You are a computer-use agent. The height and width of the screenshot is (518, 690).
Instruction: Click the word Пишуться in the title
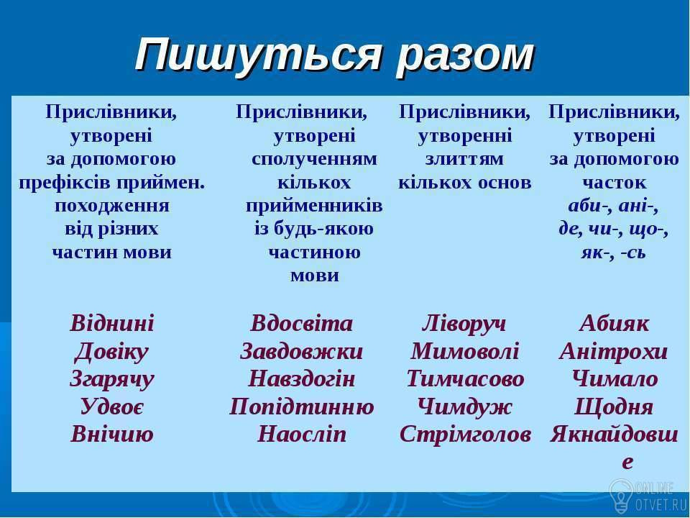pos(258,55)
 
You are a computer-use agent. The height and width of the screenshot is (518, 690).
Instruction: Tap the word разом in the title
pos(465,58)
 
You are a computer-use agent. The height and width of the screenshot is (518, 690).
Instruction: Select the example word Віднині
pos(112,323)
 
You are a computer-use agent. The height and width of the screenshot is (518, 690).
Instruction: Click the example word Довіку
pos(112,352)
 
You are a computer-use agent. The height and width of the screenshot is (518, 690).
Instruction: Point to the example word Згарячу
pos(112,380)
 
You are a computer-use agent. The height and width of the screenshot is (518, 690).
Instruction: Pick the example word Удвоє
pos(112,406)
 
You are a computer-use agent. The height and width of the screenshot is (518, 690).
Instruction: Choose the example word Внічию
pos(112,434)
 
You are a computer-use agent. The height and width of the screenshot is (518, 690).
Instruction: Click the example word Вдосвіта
pos(301,323)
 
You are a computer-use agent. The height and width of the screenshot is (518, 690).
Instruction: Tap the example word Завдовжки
pos(301,352)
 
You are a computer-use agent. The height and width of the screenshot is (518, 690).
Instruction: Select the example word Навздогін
pos(301,379)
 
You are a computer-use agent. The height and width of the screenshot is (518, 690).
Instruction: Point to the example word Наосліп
pos(302,434)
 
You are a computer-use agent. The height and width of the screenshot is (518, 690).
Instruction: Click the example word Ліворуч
pos(464,324)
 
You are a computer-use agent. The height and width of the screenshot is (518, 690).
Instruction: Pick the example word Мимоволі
pos(465,352)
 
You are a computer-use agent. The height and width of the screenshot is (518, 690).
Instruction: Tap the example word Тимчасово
pos(465,379)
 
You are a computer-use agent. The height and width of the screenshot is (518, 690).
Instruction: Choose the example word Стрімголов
pos(465,435)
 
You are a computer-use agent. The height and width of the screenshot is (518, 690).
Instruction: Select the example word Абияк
pos(614,323)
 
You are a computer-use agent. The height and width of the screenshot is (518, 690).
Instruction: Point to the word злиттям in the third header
pos(464,159)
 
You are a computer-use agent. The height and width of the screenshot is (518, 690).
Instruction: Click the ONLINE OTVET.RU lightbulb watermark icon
pos(621,496)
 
